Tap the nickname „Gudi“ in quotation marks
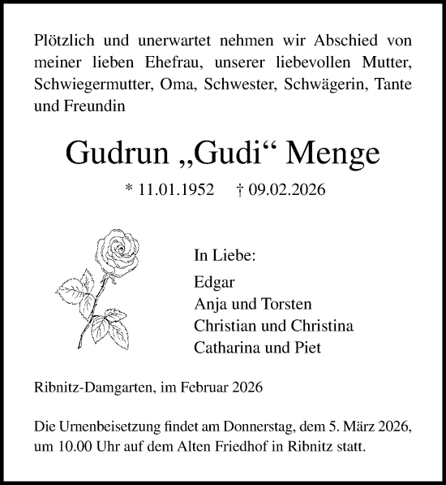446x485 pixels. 224,153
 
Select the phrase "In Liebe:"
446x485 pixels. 225,256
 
